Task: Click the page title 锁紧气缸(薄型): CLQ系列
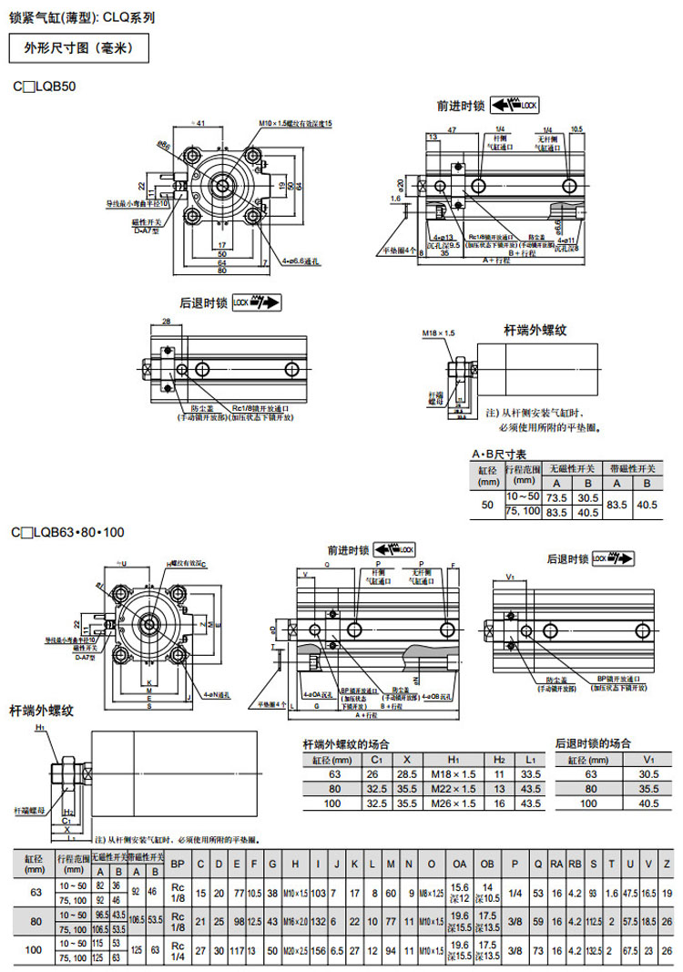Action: pyautogui.click(x=82, y=15)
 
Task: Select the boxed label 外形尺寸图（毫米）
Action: pyautogui.click(x=78, y=47)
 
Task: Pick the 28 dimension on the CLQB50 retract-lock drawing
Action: pyautogui.click(x=166, y=322)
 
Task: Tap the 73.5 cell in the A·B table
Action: pyautogui.click(x=556, y=498)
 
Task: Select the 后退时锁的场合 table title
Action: pyautogui.click(x=594, y=743)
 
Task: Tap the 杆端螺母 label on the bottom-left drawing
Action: pyautogui.click(x=29, y=808)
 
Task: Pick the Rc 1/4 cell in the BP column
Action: pyautogui.click(x=178, y=951)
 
